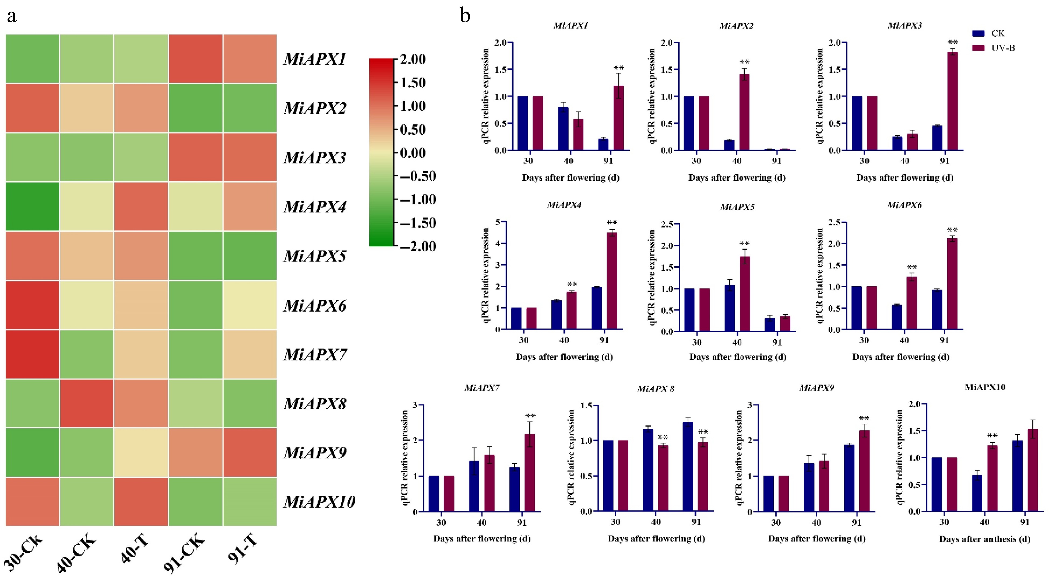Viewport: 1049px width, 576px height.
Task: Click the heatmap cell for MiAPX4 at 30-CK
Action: pyautogui.click(x=33, y=207)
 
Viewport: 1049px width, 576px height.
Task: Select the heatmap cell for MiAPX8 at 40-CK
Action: pyautogui.click(x=87, y=403)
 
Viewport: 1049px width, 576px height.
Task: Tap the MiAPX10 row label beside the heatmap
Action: pyautogui.click(x=319, y=502)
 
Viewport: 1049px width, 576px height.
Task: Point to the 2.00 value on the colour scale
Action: pyautogui.click(x=413, y=60)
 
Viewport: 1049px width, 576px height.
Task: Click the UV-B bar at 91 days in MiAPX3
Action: pyautogui.click(x=952, y=101)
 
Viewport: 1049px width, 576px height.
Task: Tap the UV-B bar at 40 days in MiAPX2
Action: pyautogui.click(x=744, y=112)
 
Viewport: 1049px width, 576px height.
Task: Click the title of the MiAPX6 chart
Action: pyautogui.click(x=904, y=205)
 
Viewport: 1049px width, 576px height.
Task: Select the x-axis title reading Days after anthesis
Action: pyautogui.click(x=985, y=539)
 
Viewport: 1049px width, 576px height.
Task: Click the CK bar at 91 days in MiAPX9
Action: pyautogui.click(x=849, y=478)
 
